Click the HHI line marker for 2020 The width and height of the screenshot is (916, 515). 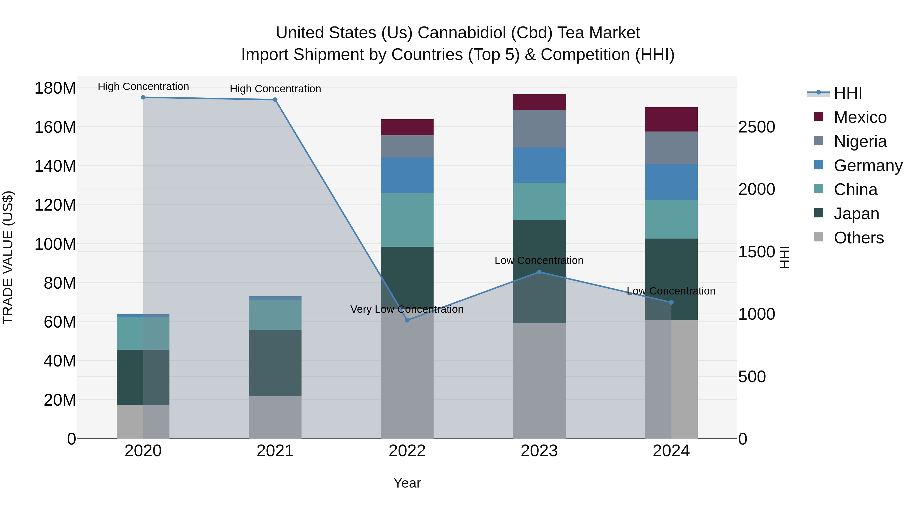pyautogui.click(x=143, y=97)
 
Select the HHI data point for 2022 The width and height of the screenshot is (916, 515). pyautogui.click(x=407, y=320)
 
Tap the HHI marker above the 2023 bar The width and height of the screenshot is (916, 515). pyautogui.click(x=539, y=272)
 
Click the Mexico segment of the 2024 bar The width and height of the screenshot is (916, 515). pyautogui.click(x=671, y=120)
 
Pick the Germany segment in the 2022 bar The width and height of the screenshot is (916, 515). pyautogui.click(x=407, y=175)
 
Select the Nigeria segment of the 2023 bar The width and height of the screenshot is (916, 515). pyautogui.click(x=539, y=129)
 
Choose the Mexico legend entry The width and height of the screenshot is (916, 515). pyautogui.click(x=860, y=117)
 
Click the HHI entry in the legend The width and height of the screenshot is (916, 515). pyautogui.click(x=848, y=93)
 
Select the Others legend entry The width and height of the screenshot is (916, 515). pyautogui.click(x=858, y=238)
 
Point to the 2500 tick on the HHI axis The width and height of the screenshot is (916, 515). pyautogui.click(x=757, y=127)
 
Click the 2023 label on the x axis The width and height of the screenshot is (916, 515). pyautogui.click(x=539, y=451)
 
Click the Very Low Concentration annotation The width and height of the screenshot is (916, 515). pyautogui.click(x=407, y=309)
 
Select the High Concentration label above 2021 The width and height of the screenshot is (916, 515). pyautogui.click(x=275, y=89)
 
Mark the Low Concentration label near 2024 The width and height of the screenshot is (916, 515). pyautogui.click(x=671, y=291)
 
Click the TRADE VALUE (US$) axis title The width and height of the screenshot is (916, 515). pyautogui.click(x=8, y=257)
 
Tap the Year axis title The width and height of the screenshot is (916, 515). pyautogui.click(x=407, y=483)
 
